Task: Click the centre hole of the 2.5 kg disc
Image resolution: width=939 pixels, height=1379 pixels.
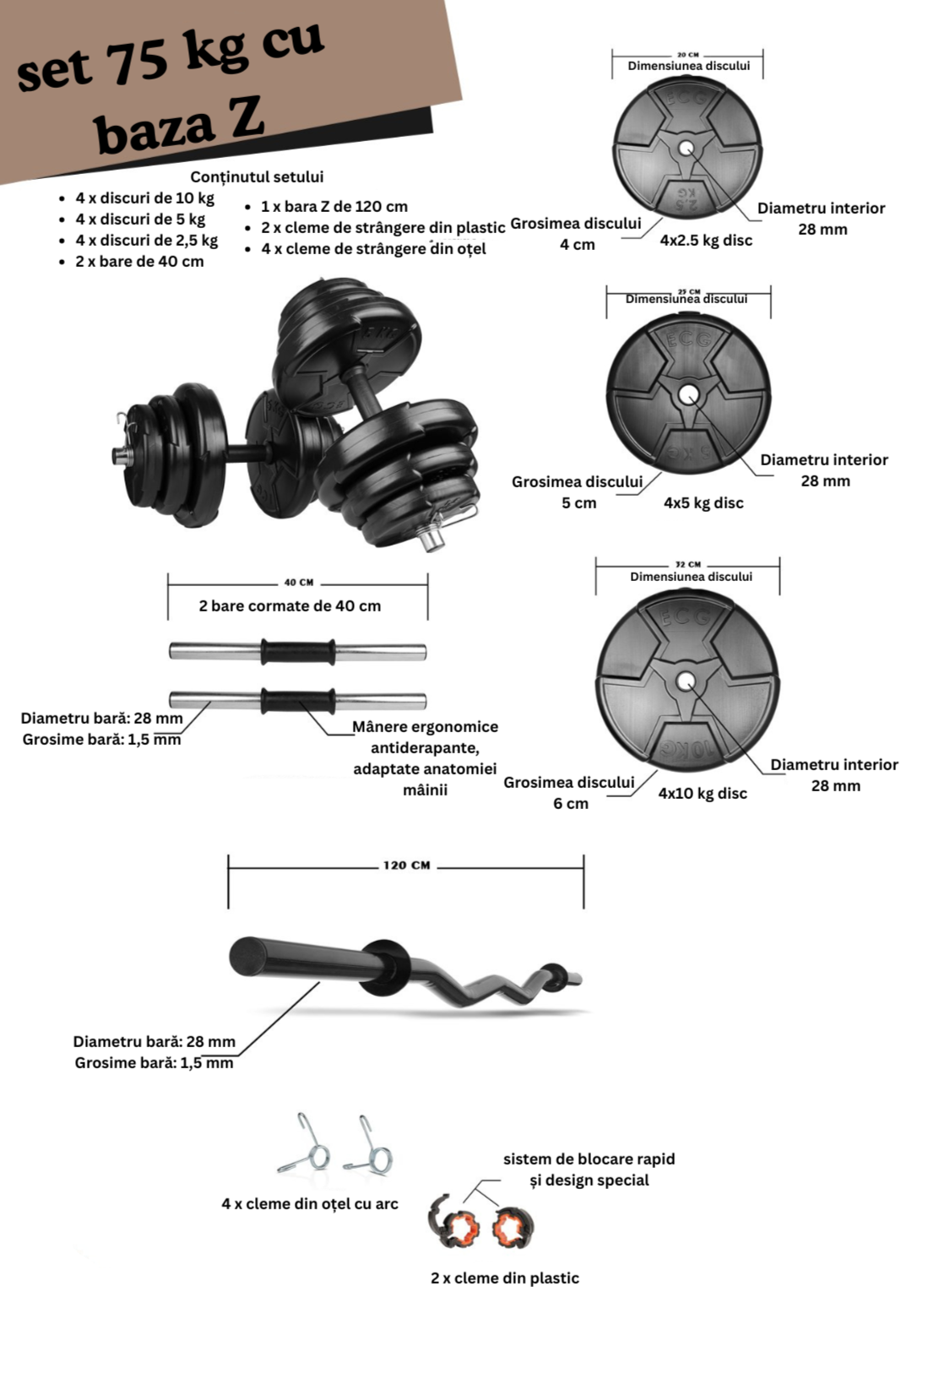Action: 687,149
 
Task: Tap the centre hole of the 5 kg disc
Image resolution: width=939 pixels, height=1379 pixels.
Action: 688,394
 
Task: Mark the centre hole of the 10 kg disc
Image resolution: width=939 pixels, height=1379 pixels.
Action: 687,681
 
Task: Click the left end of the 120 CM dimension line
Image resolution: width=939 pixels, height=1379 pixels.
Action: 229,868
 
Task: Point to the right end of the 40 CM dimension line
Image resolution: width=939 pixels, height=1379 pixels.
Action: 427,584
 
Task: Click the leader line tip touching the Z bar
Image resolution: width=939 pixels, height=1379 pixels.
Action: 319,983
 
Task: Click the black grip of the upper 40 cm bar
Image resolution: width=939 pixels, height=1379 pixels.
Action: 298,652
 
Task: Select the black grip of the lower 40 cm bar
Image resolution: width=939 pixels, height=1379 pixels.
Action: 298,701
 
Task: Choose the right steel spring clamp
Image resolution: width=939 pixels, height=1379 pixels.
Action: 368,1144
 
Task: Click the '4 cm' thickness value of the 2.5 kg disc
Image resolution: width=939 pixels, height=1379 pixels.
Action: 578,244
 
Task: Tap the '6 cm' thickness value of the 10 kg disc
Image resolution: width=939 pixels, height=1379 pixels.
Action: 571,803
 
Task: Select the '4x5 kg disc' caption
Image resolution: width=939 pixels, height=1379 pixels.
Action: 703,503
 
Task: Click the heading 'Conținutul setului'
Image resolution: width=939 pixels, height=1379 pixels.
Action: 257,176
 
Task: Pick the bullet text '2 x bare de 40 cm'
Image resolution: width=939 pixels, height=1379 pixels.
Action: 140,262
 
